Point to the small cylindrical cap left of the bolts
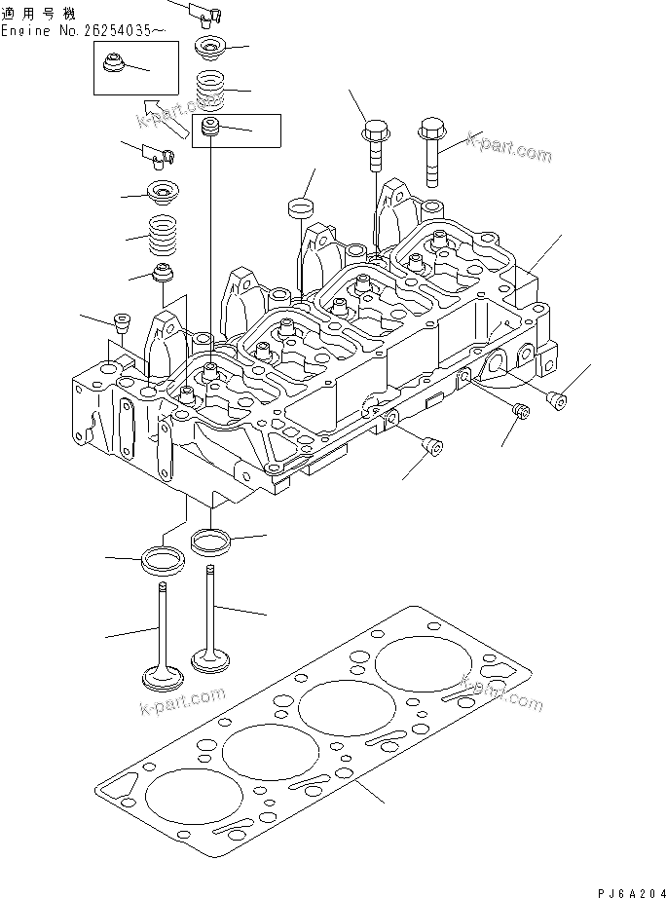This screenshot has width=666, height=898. coord(302,208)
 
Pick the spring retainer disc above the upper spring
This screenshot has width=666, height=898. coord(209,48)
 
